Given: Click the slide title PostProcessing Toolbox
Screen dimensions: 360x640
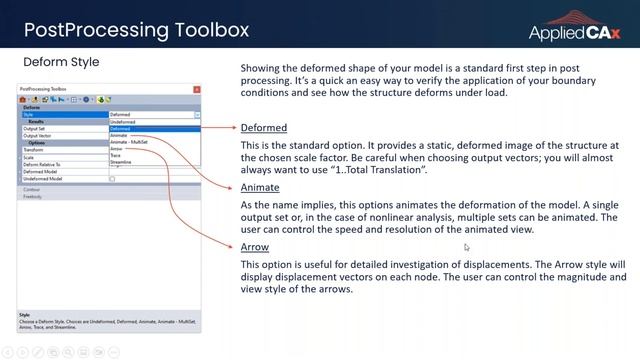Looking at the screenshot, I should (136, 29).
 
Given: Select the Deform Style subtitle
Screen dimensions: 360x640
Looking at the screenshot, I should (61, 62).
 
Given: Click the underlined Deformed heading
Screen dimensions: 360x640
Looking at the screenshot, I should (264, 128).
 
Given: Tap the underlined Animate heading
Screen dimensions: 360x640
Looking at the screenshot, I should (260, 187).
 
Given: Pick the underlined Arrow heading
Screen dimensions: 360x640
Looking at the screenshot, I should (254, 247).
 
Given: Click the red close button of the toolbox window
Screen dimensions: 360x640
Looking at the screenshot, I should (196, 90).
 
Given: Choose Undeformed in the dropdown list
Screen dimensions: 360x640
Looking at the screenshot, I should (124, 122).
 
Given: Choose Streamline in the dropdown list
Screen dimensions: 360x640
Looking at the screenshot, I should (121, 162).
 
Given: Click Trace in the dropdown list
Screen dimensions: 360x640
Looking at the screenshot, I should (116, 155).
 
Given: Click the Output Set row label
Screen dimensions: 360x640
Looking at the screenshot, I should (36, 129).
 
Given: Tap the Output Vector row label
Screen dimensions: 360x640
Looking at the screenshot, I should (39, 136).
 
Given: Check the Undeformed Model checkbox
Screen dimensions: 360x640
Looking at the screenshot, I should (112, 178).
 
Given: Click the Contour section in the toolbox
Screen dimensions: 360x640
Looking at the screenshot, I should (33, 187).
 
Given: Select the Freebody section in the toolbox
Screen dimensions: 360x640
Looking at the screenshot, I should (34, 196).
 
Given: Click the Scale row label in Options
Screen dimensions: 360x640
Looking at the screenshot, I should (30, 157).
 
